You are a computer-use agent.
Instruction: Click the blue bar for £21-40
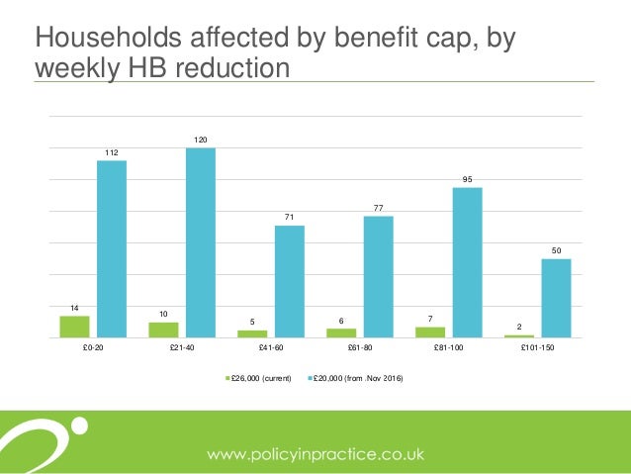(x=201, y=242)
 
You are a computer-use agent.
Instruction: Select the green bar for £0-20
(x=74, y=327)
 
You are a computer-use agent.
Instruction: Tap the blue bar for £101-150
(x=556, y=298)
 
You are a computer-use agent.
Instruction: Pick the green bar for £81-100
(x=430, y=332)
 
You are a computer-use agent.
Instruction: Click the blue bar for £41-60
(x=290, y=281)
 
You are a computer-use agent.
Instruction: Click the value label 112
(x=112, y=153)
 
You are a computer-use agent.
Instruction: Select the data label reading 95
(x=468, y=179)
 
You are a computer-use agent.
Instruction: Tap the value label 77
(x=378, y=208)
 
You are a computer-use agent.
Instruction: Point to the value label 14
(x=74, y=308)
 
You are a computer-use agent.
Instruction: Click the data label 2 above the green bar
(x=519, y=328)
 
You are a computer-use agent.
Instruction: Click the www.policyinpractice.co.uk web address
(x=315, y=454)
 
